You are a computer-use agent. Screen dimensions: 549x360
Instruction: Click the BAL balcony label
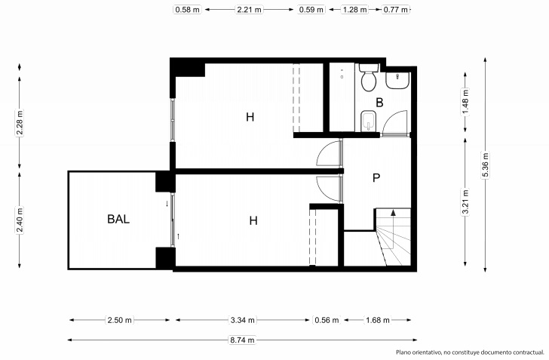(x=118, y=219)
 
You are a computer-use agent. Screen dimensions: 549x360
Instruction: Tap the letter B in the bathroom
(x=379, y=103)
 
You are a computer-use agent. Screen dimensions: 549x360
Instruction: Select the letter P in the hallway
(x=376, y=178)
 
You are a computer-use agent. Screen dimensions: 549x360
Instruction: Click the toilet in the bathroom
(x=369, y=77)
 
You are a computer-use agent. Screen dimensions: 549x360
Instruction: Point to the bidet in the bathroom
(x=368, y=121)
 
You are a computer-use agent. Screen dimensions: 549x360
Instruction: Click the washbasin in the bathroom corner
(x=397, y=81)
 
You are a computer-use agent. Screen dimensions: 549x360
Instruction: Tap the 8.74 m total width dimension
(x=242, y=340)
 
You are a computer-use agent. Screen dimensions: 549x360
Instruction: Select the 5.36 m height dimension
(x=486, y=165)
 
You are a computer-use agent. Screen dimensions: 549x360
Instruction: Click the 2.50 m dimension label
(x=120, y=320)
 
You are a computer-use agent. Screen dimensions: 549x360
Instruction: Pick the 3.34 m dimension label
(x=243, y=320)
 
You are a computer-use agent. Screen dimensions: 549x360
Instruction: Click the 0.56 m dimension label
(x=327, y=320)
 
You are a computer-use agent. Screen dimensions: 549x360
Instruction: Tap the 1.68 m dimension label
(x=378, y=320)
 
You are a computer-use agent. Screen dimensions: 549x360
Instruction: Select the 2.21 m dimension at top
(x=250, y=10)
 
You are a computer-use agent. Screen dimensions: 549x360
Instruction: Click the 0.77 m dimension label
(x=396, y=10)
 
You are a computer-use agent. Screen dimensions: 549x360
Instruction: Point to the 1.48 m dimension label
(x=465, y=102)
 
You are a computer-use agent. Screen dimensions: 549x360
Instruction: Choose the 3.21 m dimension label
(x=465, y=202)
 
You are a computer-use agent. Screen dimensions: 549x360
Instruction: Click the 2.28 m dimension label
(x=20, y=123)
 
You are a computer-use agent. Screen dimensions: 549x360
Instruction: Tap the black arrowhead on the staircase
(x=393, y=212)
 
